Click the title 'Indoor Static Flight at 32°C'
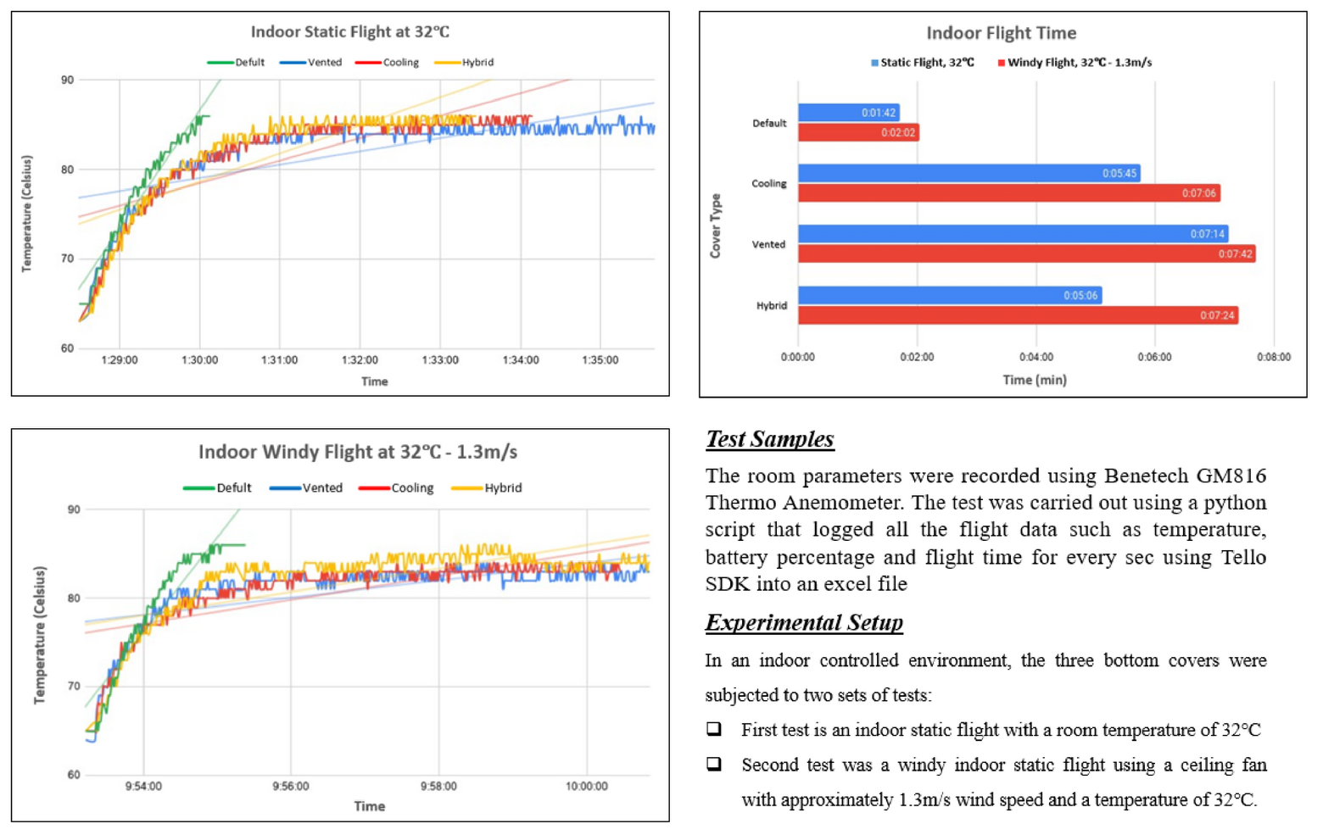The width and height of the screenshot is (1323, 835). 349,32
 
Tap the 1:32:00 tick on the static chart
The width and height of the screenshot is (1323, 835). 360,360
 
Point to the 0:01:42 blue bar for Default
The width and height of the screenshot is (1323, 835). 848,113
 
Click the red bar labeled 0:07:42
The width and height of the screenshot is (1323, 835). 1026,254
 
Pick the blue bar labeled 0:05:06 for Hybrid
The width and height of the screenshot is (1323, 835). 949,296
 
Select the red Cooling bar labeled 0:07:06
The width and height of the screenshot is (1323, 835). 1008,193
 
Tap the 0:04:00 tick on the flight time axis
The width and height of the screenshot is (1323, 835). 1036,358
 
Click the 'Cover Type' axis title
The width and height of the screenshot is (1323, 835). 716,226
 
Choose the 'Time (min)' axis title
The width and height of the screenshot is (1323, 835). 1035,381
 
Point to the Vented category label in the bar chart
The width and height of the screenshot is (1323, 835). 768,245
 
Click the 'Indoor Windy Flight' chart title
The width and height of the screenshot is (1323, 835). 357,452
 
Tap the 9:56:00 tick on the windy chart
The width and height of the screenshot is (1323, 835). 291,787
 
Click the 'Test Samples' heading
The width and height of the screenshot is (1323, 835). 769,439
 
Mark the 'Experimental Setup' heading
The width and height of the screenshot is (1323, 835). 803,623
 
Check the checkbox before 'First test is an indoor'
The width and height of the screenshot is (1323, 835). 715,729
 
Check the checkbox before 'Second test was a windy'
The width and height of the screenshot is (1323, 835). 715,765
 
